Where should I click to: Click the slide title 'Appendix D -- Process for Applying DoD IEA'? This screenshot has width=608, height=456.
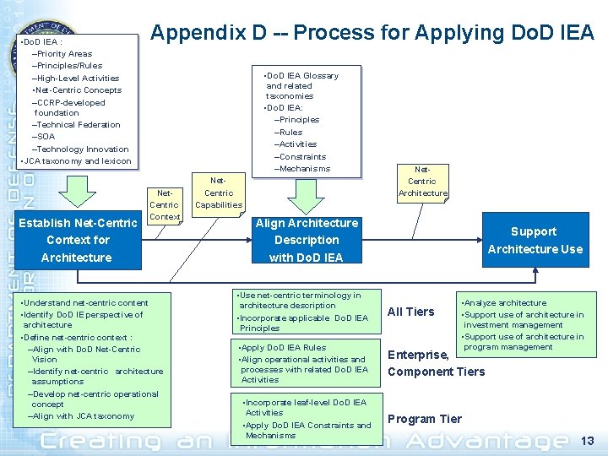point(372,33)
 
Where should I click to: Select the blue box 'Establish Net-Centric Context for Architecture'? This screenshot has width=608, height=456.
point(77,240)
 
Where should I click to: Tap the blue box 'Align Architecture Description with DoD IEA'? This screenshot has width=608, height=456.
point(307,240)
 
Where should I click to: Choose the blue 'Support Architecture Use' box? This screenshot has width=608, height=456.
point(535,240)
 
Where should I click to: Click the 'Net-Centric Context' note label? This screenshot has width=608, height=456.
point(164,205)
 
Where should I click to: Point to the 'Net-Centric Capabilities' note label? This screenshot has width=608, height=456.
point(218,193)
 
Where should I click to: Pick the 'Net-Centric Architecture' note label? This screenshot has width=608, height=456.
point(421,182)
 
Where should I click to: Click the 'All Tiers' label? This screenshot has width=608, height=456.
point(410,312)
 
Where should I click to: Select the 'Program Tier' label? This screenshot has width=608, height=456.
point(425,419)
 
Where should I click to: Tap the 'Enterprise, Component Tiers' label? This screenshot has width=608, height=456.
point(436,363)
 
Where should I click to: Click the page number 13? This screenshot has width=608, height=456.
point(588,440)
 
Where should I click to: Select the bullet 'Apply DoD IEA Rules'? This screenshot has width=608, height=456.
point(284,347)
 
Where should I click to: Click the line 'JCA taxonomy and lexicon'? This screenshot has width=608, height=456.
point(76,161)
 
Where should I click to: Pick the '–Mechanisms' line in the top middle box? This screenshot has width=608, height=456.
point(301,169)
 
